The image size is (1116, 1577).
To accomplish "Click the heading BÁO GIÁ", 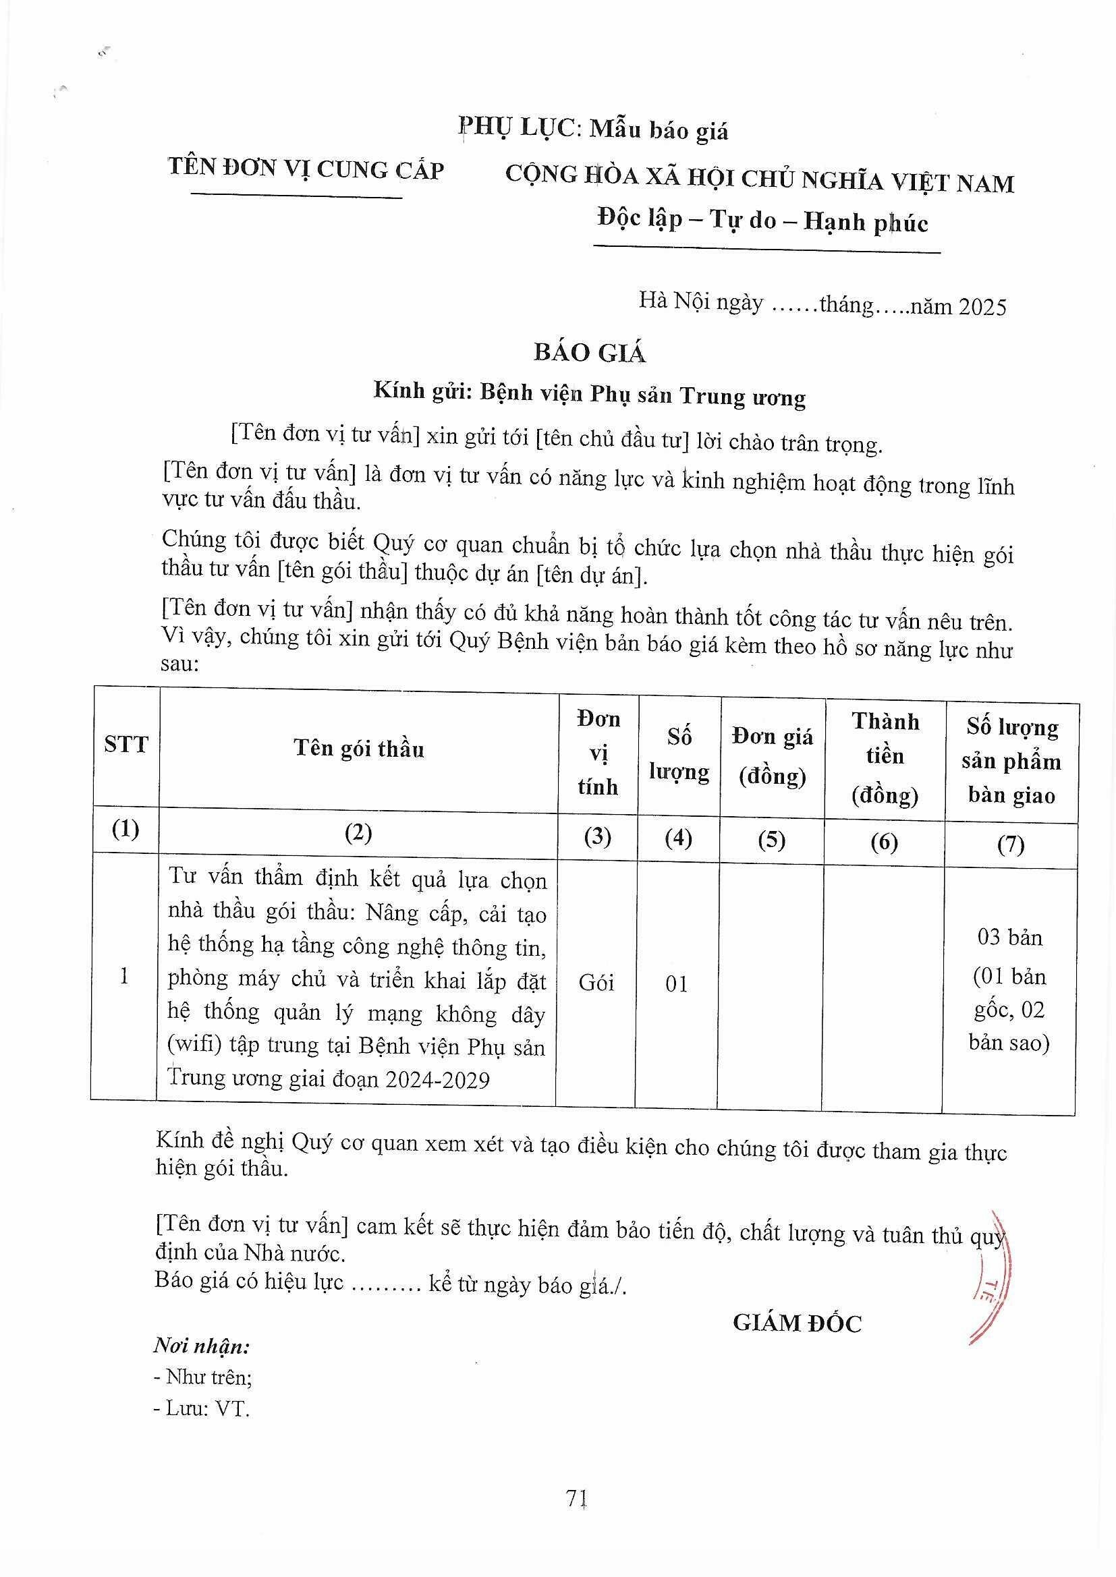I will (590, 352).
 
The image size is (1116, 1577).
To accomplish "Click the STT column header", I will (125, 745).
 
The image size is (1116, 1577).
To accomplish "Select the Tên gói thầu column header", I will (359, 748).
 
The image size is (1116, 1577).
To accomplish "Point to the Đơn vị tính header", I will (598, 753).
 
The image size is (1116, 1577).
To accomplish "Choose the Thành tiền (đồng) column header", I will (885, 758).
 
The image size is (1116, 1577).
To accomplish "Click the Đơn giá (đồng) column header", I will (773, 756).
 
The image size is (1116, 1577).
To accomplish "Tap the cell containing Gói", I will (596, 983).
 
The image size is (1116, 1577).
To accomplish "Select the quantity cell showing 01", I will (677, 984).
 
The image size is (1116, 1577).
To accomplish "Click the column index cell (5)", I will (772, 839).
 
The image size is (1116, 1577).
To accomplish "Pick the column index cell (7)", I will (1011, 843).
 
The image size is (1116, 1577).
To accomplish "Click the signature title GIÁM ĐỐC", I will (797, 1322).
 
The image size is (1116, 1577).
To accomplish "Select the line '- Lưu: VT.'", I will (202, 1409).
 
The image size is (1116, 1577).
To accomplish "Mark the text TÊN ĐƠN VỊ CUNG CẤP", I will (306, 169).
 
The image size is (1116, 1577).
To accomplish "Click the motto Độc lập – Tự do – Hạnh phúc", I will (763, 221).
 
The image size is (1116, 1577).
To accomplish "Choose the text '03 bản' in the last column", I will (1009, 937).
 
